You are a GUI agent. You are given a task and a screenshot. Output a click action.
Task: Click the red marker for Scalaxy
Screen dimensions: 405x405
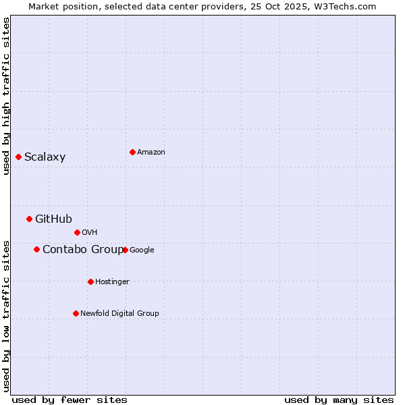(x=18, y=157)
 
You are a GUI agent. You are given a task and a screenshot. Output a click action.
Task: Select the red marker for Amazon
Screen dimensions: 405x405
(x=132, y=152)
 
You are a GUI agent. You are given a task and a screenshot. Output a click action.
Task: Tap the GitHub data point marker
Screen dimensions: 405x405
(x=29, y=219)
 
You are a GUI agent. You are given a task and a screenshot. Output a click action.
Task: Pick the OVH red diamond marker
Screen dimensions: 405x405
(x=77, y=232)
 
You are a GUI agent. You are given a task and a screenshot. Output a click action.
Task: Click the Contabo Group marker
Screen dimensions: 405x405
(x=36, y=249)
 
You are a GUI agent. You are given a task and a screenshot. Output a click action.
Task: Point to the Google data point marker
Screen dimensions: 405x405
(x=125, y=250)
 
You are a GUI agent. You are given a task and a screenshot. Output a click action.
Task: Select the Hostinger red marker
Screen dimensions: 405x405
(x=90, y=281)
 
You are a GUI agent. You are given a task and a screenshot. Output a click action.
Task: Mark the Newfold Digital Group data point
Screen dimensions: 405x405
(x=76, y=313)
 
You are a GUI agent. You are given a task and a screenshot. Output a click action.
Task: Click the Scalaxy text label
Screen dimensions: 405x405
(x=45, y=157)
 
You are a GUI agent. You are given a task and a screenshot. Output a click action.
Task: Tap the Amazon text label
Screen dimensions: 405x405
(x=151, y=153)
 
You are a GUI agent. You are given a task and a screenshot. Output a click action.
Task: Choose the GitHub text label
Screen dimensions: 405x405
(x=53, y=219)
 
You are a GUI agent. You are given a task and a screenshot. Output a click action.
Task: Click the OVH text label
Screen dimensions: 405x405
(x=90, y=233)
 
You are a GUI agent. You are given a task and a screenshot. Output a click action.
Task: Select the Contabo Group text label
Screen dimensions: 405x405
(x=82, y=250)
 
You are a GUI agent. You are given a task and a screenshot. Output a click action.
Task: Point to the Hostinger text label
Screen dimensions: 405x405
(x=112, y=282)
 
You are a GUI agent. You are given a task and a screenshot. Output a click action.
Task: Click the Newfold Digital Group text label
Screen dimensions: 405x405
(x=119, y=314)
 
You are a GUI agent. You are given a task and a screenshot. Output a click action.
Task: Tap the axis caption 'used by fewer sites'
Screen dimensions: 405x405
(x=70, y=400)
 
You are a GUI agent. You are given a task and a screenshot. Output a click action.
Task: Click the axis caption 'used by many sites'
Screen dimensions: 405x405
(x=339, y=400)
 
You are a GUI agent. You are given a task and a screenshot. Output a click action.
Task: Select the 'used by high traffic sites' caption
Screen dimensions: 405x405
(x=6, y=96)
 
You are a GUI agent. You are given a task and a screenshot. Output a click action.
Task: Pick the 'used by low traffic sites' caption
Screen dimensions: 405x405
(x=6, y=315)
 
